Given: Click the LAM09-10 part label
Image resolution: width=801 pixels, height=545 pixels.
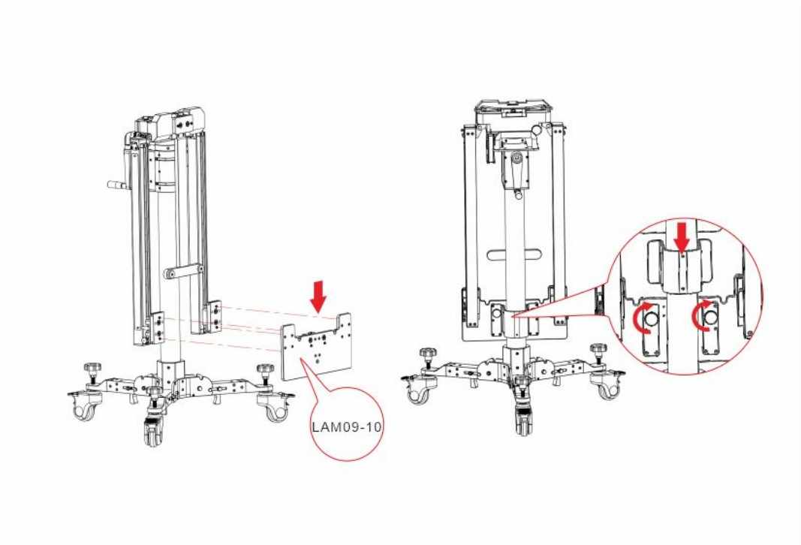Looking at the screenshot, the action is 347,426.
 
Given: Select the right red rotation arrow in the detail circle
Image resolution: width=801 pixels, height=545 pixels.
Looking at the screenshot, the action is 700,315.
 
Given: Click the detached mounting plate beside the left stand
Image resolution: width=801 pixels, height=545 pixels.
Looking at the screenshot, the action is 316,346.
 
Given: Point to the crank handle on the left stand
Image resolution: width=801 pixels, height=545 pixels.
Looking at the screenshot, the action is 119,185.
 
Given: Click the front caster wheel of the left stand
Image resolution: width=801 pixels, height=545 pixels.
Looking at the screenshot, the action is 152,430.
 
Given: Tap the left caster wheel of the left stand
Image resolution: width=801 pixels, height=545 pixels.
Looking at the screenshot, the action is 83,406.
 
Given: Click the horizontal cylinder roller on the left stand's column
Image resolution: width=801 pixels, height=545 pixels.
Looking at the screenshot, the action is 183,272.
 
